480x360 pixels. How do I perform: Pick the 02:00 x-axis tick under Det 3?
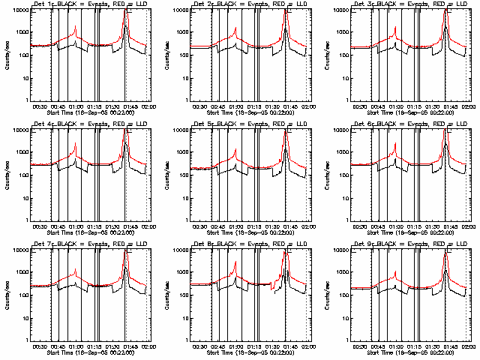coord(469,106)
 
